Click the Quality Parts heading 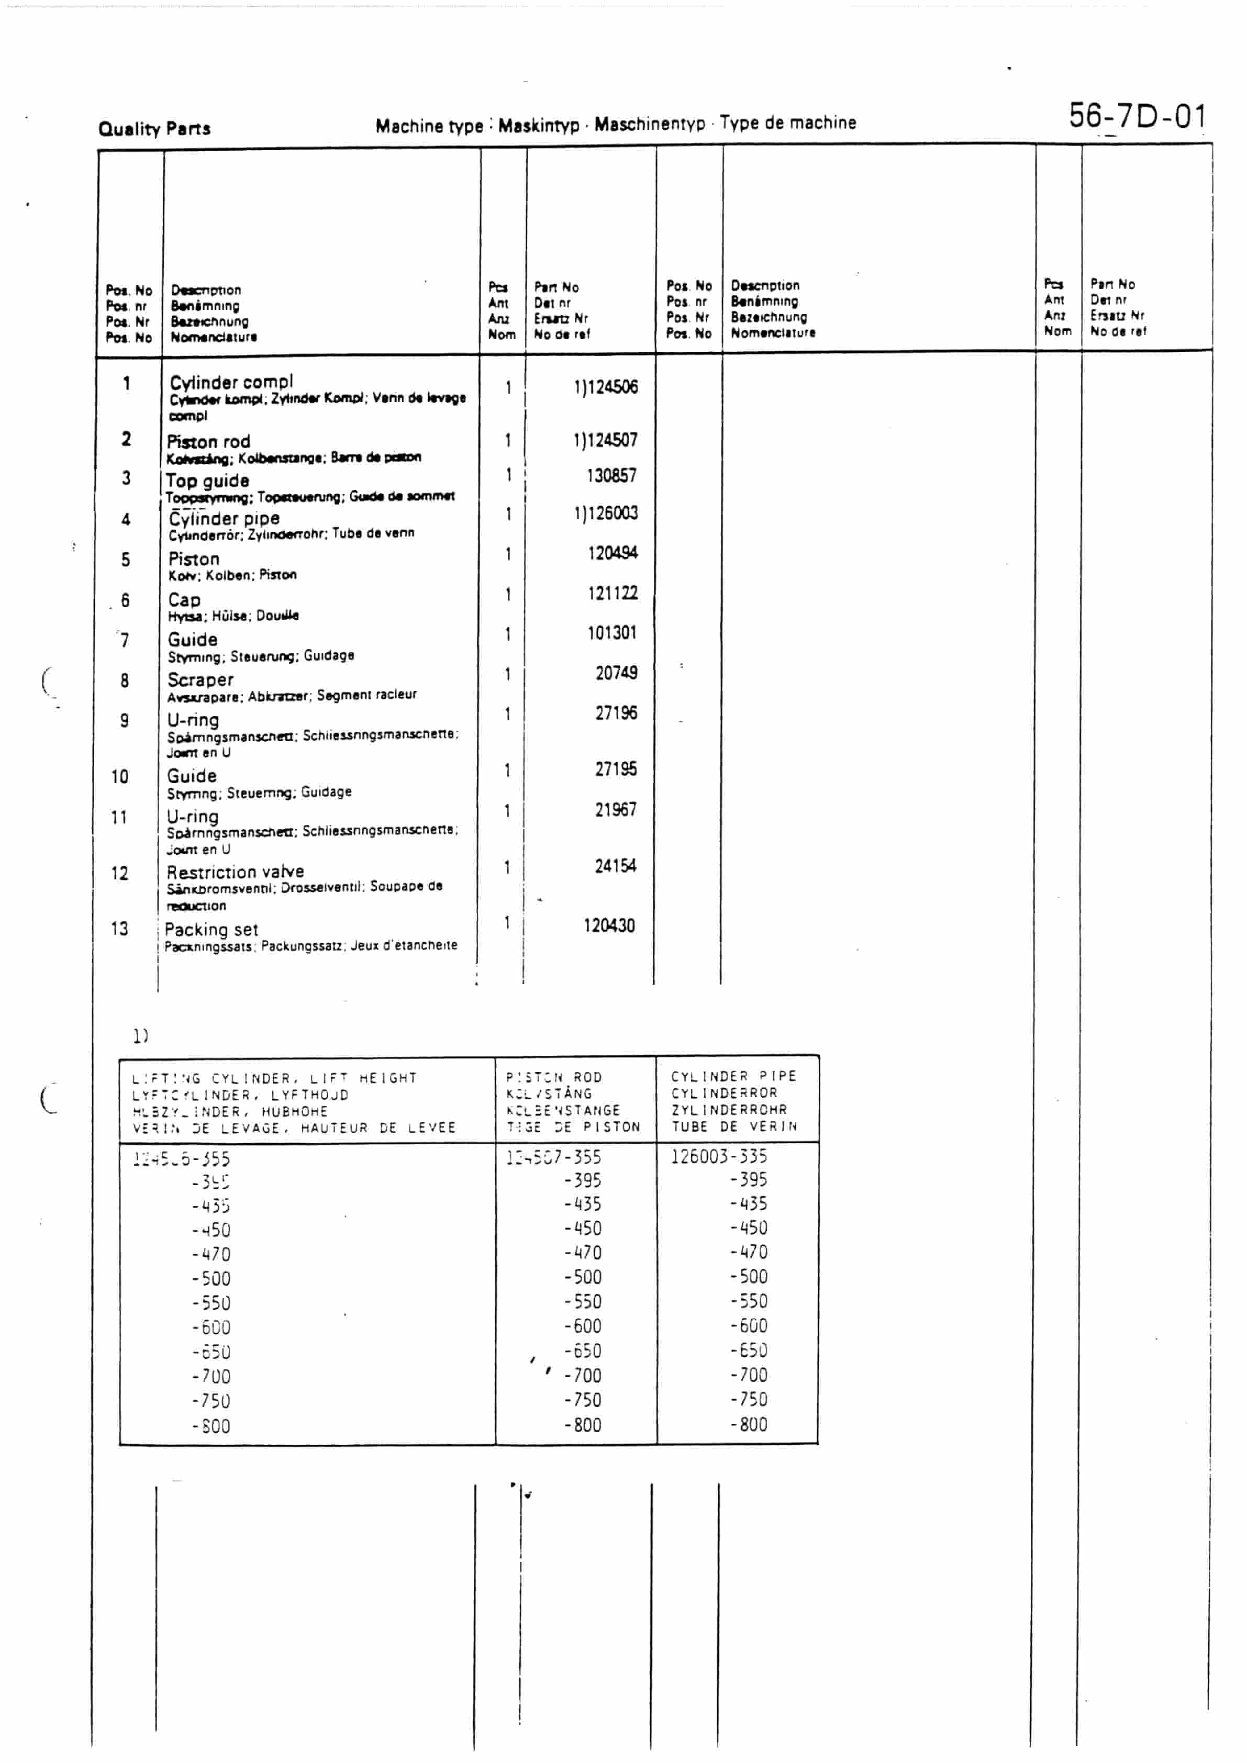(x=154, y=128)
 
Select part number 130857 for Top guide (x=611, y=476)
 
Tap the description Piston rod (x=209, y=442)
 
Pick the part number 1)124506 (x=605, y=387)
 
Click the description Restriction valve (x=235, y=872)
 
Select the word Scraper (x=201, y=680)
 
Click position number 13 (x=119, y=929)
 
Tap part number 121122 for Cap (x=612, y=594)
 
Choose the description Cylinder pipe (x=224, y=519)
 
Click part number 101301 (x=612, y=633)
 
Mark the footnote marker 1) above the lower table (x=140, y=1036)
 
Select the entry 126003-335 (x=719, y=1156)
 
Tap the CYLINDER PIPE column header (x=733, y=1077)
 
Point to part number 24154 (x=615, y=866)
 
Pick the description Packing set (x=211, y=930)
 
